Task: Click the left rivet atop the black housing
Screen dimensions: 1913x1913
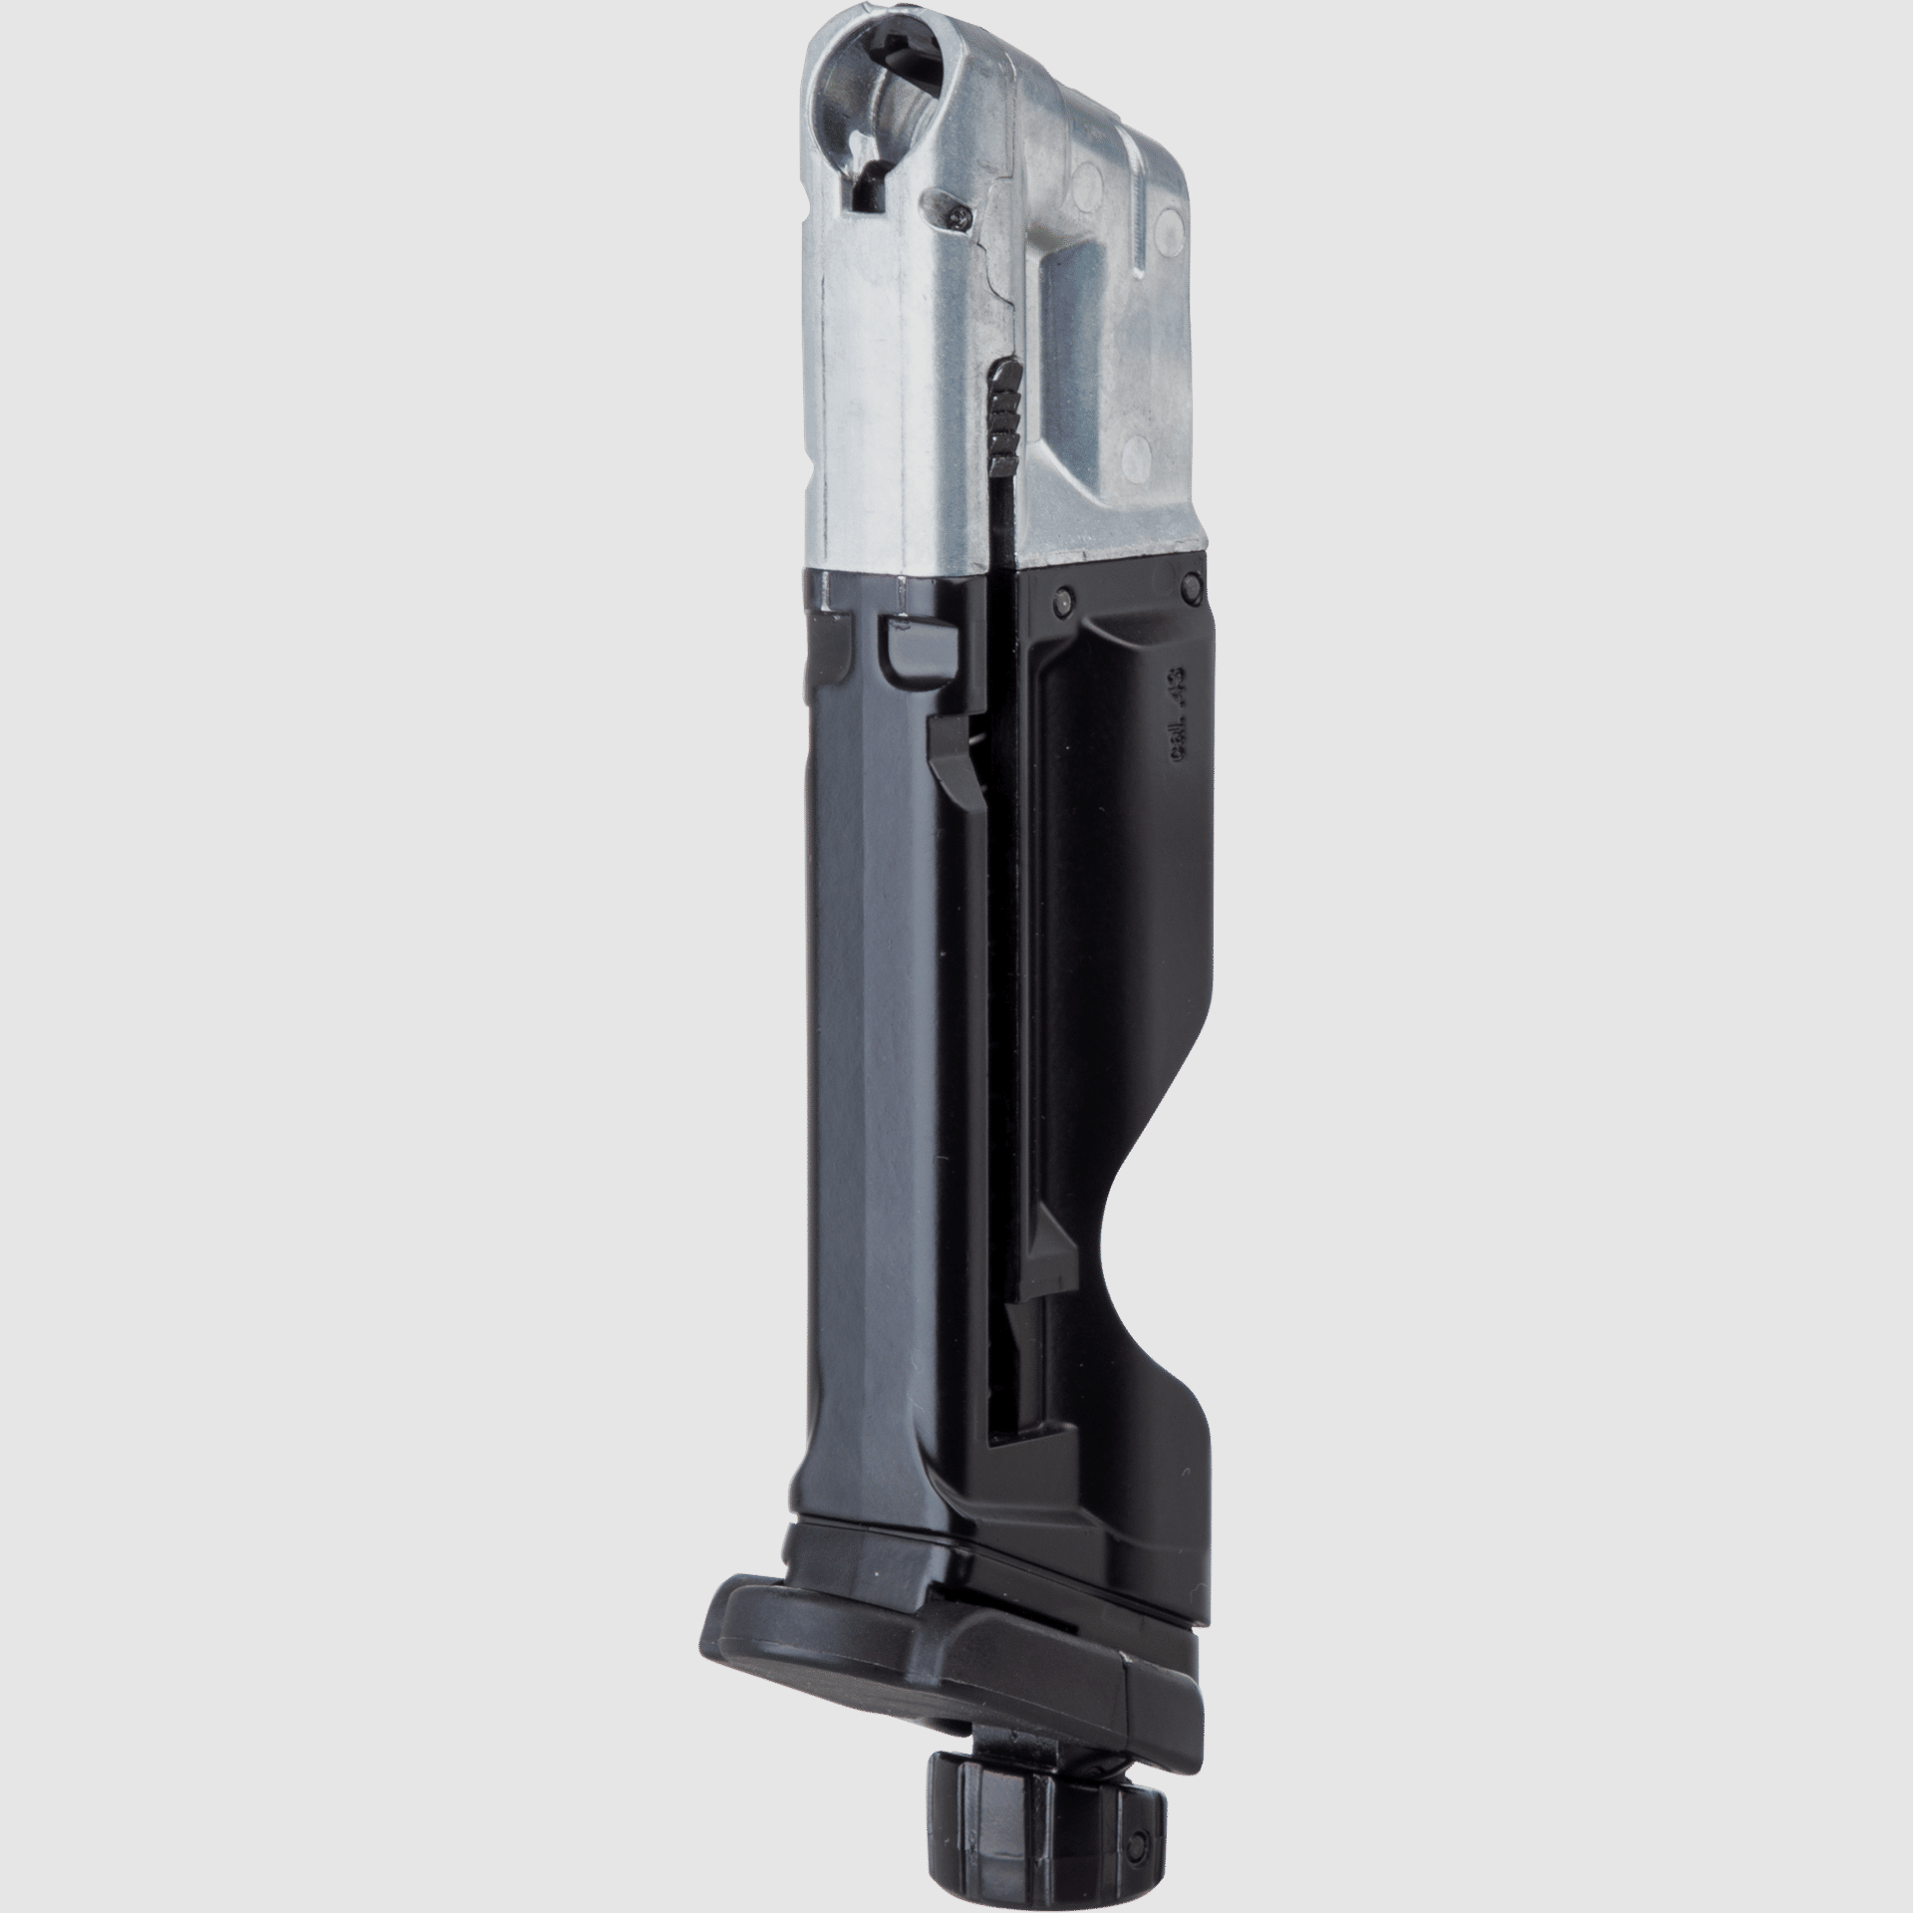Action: (1062, 599)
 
